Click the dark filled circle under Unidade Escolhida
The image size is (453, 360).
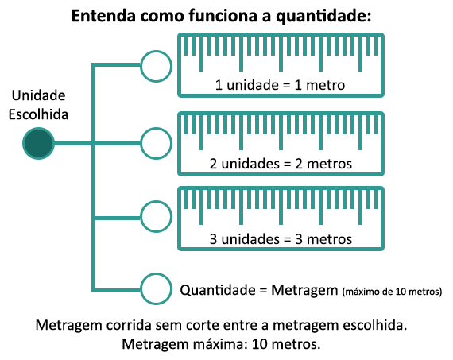point(38,143)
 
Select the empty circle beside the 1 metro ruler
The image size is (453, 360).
point(156,52)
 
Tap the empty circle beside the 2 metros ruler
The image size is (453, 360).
point(156,129)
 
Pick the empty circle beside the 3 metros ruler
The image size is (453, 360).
point(156,202)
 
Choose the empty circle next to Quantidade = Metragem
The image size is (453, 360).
point(156,274)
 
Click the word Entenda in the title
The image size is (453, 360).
point(103,16)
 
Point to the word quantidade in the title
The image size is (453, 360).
point(323,17)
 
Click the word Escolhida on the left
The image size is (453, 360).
point(38,114)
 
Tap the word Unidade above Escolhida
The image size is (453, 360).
point(38,95)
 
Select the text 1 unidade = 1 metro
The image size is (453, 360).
point(280,85)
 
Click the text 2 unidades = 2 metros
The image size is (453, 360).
point(281,164)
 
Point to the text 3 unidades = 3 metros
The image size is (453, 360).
point(281,239)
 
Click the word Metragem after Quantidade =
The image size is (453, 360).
point(304,290)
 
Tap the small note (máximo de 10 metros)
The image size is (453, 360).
point(392,292)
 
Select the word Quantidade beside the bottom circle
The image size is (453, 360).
point(218,290)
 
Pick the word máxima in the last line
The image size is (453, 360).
point(220,344)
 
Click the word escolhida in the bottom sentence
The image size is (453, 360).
point(374,325)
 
